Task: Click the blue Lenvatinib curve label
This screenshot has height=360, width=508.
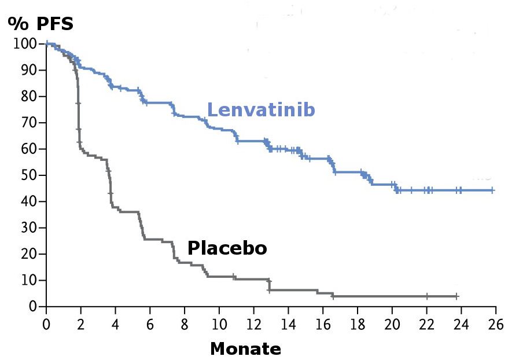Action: click(261, 109)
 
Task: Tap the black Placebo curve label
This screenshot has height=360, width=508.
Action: click(227, 248)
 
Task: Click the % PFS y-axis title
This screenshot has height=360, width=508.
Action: click(41, 24)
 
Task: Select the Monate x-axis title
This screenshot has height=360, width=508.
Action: click(245, 349)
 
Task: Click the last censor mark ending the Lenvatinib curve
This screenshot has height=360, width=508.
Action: click(492, 190)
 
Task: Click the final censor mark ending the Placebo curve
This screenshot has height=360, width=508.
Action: click(457, 296)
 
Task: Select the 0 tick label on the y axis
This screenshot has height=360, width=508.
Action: click(34, 306)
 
